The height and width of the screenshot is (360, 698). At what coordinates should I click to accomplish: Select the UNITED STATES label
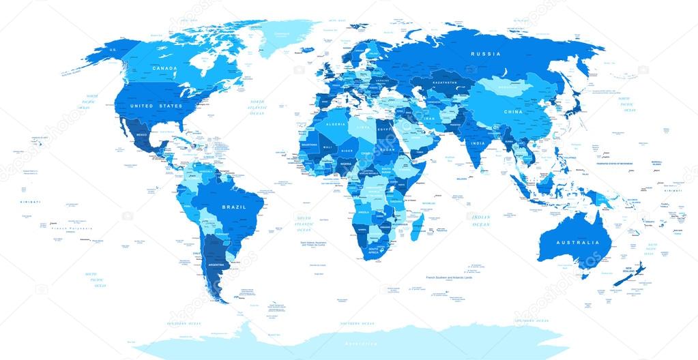pos(156,106)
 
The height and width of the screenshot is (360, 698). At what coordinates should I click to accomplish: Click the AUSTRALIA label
pos(577,242)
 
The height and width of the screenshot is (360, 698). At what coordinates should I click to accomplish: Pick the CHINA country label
pos(512,112)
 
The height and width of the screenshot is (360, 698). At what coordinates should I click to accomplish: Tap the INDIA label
pos(477,143)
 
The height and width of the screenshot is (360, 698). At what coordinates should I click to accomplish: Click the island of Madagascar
pos(418,224)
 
